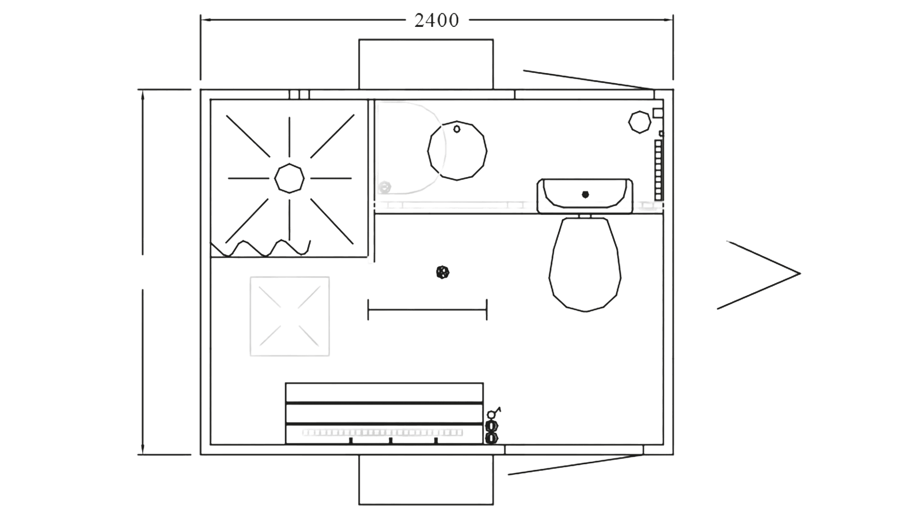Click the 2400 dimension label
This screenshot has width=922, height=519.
437,20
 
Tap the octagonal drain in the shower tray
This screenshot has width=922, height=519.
289,178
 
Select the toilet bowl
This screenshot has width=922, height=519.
585,265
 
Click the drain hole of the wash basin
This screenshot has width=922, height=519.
585,195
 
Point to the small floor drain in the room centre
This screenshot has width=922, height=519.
442,272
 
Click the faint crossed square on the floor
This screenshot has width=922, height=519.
290,316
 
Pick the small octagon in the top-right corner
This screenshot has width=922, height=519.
640,122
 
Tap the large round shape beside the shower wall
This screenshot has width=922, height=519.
457,150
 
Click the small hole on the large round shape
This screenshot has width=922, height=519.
457,129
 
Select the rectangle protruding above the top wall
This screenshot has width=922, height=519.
426,64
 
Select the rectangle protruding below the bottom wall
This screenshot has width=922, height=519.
426,480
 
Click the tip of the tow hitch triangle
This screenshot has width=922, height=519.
800,273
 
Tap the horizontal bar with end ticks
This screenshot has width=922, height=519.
427,309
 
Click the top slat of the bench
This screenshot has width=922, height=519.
384,393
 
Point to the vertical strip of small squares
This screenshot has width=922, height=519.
658,170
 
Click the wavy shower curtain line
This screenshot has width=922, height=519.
260,248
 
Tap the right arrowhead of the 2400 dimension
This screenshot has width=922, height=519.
668,20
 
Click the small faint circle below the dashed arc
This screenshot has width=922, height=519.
384,187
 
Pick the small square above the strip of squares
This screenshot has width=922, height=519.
657,113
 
